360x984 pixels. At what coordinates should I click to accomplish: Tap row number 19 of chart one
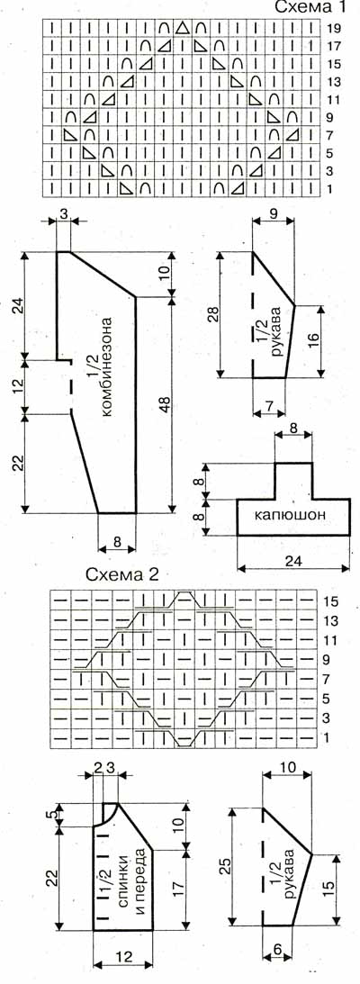[x=334, y=28]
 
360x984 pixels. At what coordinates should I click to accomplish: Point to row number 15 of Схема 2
[x=332, y=600]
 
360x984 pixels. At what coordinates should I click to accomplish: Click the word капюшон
[x=292, y=517]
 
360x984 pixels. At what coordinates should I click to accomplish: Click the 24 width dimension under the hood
[x=292, y=562]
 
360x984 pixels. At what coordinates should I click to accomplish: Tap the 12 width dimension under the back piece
[x=123, y=956]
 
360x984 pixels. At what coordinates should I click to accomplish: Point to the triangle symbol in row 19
[x=183, y=28]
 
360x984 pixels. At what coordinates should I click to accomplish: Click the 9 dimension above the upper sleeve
[x=273, y=213]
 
